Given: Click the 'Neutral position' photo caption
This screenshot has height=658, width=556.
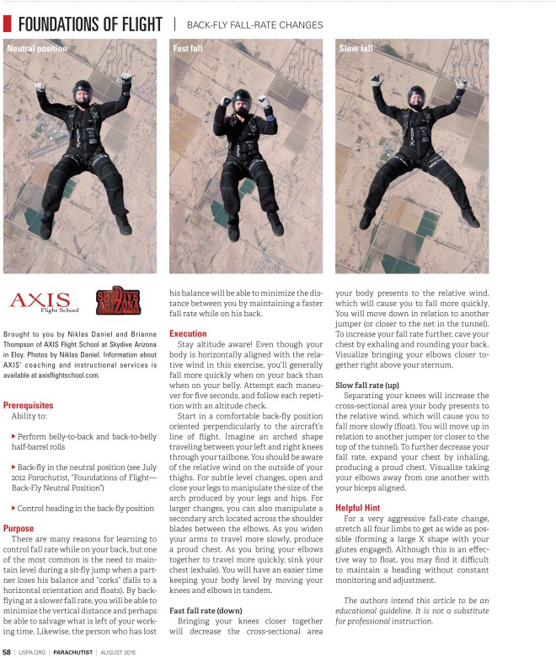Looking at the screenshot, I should (x=37, y=49).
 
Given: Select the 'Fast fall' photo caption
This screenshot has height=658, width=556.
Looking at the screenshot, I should (x=188, y=49).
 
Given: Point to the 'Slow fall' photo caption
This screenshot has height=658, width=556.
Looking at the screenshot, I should (x=356, y=49).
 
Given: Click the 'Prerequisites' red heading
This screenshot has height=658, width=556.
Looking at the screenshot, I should (x=29, y=405).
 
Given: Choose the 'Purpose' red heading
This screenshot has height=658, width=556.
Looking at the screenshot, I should (x=19, y=528).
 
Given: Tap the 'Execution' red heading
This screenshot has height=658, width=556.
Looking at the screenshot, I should (x=188, y=334).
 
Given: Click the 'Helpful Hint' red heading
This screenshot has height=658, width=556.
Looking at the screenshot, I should (x=361, y=508).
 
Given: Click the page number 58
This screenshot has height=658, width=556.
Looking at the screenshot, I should (x=7, y=651).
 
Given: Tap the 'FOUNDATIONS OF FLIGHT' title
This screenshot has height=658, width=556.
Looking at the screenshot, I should (x=89, y=24).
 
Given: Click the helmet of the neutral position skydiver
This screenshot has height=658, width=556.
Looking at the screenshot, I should (x=83, y=89).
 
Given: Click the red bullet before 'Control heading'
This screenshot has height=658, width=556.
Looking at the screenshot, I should (x=13, y=508).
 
